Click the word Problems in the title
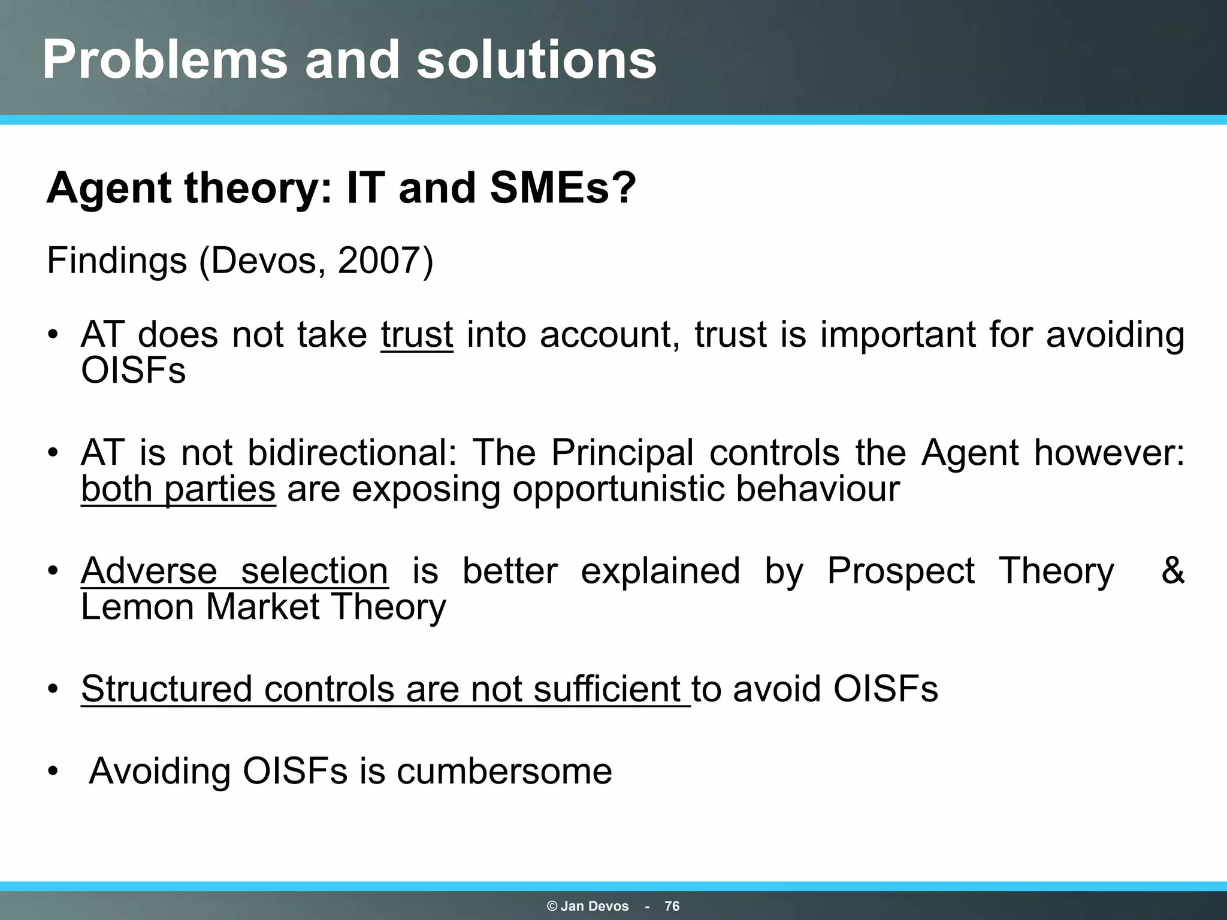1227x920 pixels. click(x=164, y=60)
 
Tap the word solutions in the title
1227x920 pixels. click(x=536, y=60)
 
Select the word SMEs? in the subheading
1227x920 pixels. click(x=563, y=188)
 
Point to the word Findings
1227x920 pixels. click(x=117, y=262)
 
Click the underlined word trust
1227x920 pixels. click(x=416, y=334)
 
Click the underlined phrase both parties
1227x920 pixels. click(x=178, y=489)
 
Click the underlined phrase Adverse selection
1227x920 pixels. click(x=234, y=570)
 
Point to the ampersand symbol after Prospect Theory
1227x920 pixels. click(x=1172, y=570)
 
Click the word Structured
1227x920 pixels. click(x=167, y=689)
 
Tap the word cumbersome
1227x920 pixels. click(x=504, y=771)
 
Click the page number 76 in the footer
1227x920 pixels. click(x=672, y=906)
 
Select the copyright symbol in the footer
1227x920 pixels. click(x=552, y=906)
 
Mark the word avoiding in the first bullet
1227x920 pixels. click(x=1115, y=334)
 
